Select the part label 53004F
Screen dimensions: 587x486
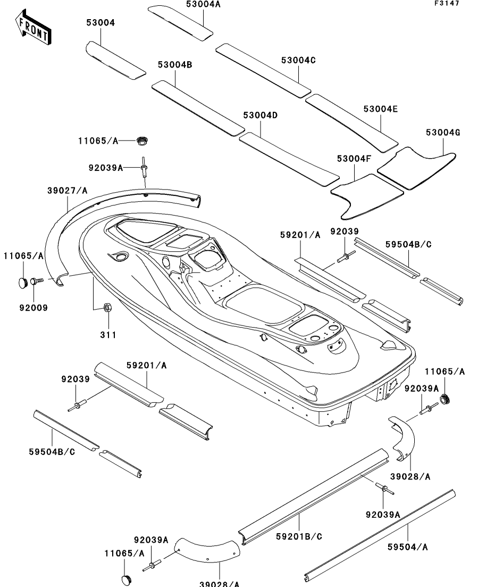[354, 159]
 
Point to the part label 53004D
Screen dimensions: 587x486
[261, 115]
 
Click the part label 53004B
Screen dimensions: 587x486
[174, 65]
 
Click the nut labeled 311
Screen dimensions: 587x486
[106, 307]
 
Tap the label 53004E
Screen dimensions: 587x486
[381, 109]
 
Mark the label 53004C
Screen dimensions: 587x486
[298, 60]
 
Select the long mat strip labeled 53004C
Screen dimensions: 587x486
[263, 70]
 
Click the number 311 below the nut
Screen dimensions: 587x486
[108, 335]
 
